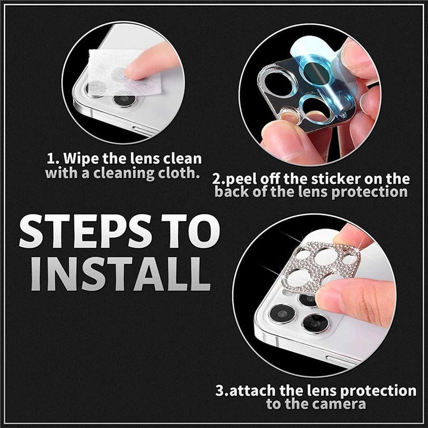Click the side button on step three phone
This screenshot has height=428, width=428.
(342, 360)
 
